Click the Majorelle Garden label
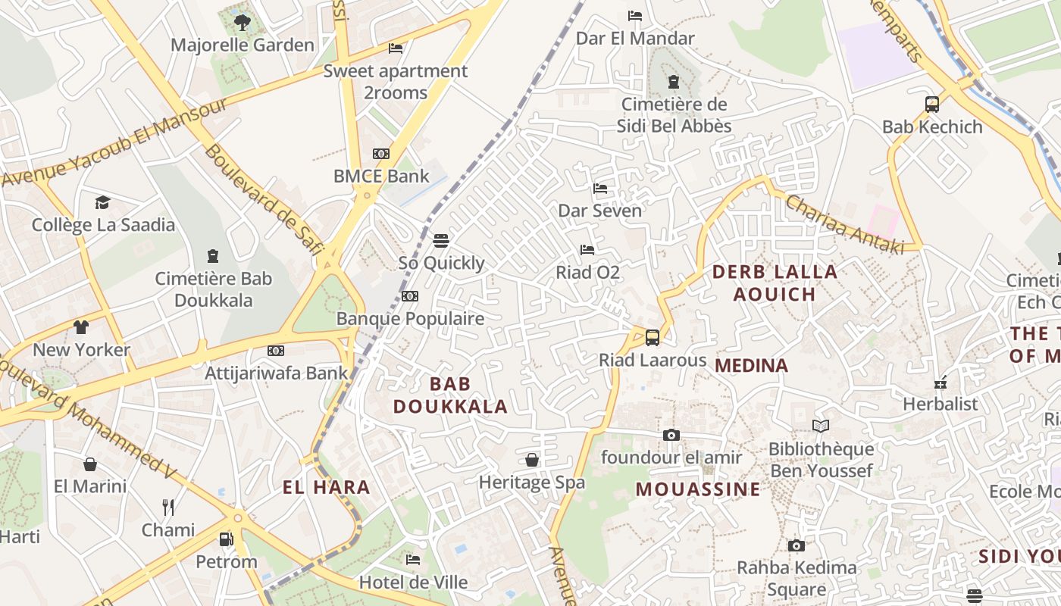pyautogui.click(x=242, y=45)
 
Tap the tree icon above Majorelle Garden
pyautogui.click(x=243, y=22)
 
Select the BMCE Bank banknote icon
pyautogui.click(x=381, y=154)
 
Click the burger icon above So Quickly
pyautogui.click(x=441, y=241)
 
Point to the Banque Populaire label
pyautogui.click(x=410, y=318)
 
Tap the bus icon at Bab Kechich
pyautogui.click(x=932, y=105)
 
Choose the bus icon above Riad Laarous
pyautogui.click(x=652, y=337)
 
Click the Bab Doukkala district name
pyautogui.click(x=450, y=395)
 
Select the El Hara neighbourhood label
pyautogui.click(x=327, y=487)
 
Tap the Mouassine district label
pyautogui.click(x=698, y=489)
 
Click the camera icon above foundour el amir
pyautogui.click(x=671, y=435)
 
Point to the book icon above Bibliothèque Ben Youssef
pyautogui.click(x=821, y=426)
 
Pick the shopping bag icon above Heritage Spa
pyautogui.click(x=532, y=460)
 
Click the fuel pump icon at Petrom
pyautogui.click(x=226, y=539)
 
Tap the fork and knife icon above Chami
pyautogui.click(x=168, y=507)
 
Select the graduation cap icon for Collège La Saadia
pyautogui.click(x=102, y=202)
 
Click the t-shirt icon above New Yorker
pyautogui.click(x=81, y=327)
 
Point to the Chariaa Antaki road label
pyautogui.click(x=844, y=224)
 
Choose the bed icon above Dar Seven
pyautogui.click(x=600, y=188)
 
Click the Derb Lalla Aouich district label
pyautogui.click(x=775, y=283)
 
